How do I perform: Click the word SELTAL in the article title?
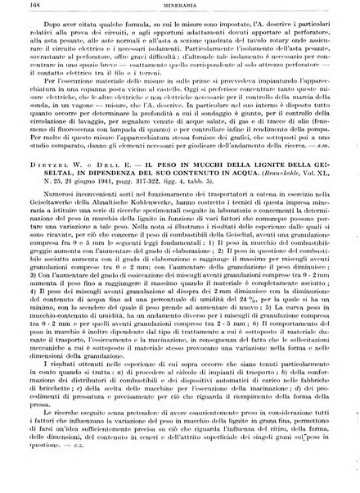pos(48,224)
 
